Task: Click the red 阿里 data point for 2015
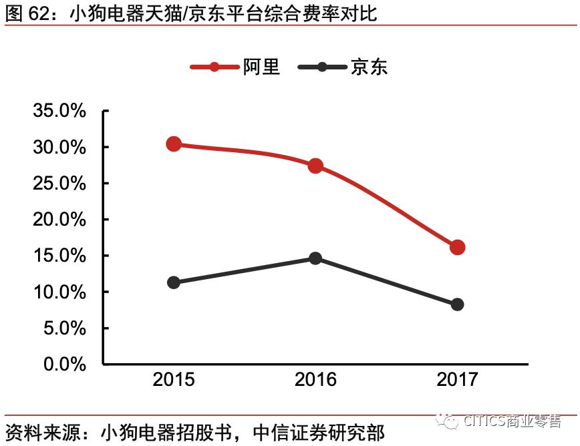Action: click(x=174, y=144)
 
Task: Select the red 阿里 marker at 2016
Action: click(x=315, y=166)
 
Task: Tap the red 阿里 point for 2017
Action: click(x=457, y=247)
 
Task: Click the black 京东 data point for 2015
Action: click(x=174, y=282)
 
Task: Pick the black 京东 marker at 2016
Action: click(x=315, y=258)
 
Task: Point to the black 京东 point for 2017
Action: click(x=457, y=304)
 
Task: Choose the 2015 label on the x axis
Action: click(x=174, y=380)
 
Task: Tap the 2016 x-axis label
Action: click(x=315, y=380)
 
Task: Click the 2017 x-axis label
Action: click(x=457, y=380)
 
